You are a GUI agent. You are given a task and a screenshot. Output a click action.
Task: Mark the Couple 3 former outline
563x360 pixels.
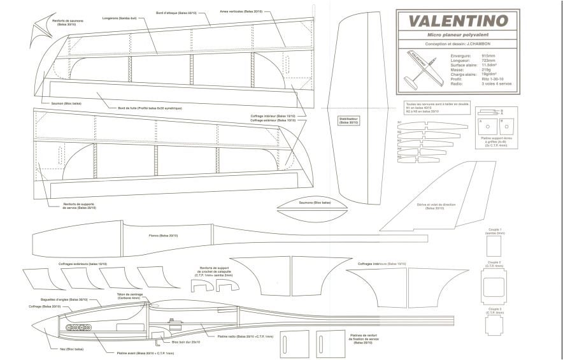[x=494, y=326]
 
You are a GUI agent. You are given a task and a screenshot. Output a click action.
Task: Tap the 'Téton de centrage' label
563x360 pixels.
[x=129, y=295]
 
